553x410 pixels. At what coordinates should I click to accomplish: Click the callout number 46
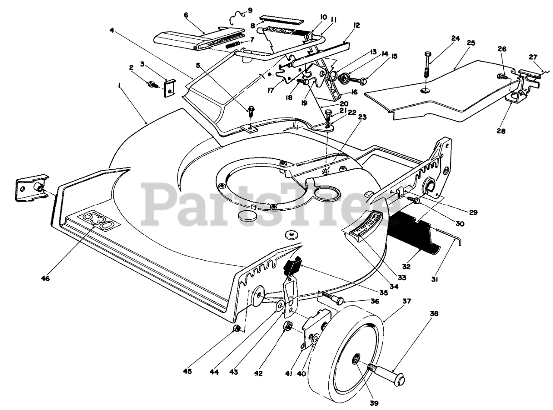[45, 278]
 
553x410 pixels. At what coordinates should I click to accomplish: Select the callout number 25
[471, 43]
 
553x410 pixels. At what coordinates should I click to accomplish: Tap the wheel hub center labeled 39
[357, 359]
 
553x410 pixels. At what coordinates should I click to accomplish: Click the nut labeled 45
[236, 329]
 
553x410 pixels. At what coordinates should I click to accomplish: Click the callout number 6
[186, 15]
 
